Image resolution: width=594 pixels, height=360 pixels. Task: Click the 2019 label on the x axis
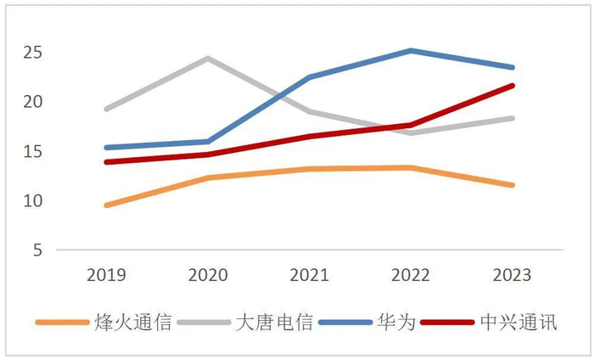(106, 276)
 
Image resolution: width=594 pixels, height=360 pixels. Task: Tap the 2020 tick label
(208, 276)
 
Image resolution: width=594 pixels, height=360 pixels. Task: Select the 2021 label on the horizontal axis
(310, 276)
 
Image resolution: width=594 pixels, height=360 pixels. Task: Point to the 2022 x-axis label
(412, 276)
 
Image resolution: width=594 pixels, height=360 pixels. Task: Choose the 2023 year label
(513, 276)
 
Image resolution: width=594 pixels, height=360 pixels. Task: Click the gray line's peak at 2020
(208, 59)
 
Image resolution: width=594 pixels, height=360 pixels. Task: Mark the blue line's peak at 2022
(412, 51)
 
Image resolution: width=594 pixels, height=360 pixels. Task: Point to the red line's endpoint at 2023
(513, 86)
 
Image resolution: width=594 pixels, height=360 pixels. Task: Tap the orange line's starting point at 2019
(106, 205)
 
